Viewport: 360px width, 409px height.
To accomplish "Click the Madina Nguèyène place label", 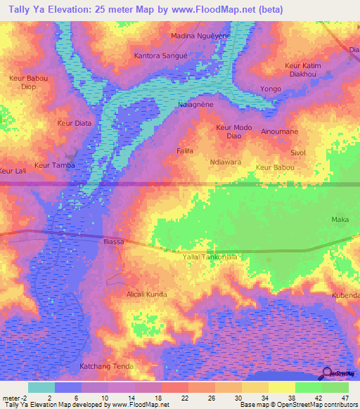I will tap(200, 35).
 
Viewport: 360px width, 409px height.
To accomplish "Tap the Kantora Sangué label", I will tap(160, 54).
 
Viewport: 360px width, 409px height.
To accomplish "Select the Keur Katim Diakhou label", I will tap(303, 70).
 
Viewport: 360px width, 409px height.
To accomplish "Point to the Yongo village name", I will tap(271, 89).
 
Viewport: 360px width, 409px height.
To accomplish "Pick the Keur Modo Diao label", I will tap(234, 132).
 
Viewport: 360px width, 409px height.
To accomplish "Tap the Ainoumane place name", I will tap(280, 131).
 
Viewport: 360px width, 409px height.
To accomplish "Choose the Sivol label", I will tap(298, 152).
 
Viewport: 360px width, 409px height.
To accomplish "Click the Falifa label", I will tap(185, 151).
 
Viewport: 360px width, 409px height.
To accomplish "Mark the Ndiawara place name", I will tap(226, 162).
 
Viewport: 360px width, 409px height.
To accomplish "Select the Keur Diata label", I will tap(74, 123).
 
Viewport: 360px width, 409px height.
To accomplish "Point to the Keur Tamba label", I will tap(54, 166).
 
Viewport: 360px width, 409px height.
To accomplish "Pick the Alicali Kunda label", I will tap(146, 294).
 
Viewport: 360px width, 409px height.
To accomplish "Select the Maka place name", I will tap(340, 220).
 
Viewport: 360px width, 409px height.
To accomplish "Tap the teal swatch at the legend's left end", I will tap(41, 387).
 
